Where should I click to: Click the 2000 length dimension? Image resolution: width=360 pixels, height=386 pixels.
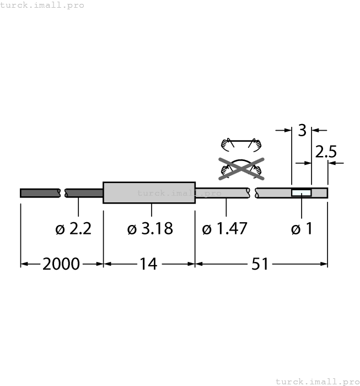[x=61, y=264]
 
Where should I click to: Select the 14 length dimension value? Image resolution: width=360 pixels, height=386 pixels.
[x=148, y=264]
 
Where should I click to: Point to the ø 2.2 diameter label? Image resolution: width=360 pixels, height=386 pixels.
[x=73, y=228]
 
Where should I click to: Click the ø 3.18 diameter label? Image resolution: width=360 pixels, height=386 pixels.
[x=149, y=228]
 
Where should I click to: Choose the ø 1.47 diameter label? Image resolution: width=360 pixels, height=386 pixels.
[x=224, y=228]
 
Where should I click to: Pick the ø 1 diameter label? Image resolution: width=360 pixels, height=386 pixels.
[x=302, y=228]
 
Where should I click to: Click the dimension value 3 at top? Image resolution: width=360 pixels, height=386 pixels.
[x=302, y=131]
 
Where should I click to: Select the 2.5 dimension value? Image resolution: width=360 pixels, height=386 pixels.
[x=325, y=152]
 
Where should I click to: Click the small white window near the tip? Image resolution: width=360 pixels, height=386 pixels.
[x=301, y=193]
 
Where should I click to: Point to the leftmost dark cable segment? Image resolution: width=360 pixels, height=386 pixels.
[x=40, y=192]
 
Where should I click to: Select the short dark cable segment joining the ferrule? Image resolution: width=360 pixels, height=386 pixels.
[x=84, y=192]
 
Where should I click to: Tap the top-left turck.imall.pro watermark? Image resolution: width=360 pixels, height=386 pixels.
[x=42, y=5]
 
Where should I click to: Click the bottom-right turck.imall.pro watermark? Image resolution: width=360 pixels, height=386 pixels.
[x=317, y=381]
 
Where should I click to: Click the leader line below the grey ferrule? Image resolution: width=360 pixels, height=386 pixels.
[x=152, y=210]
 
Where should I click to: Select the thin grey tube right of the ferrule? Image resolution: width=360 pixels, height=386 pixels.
[x=223, y=192]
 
